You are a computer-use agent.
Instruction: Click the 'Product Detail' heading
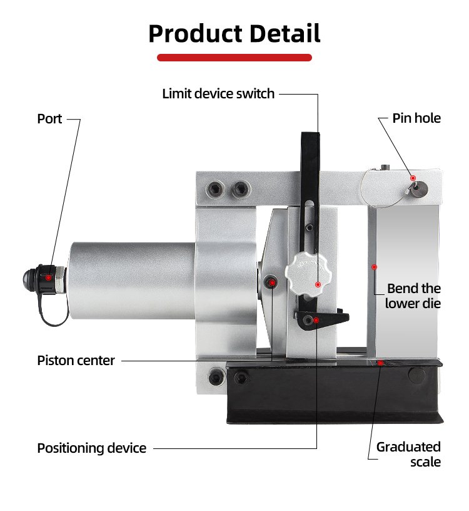click(x=234, y=33)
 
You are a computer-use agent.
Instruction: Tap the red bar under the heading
click(x=234, y=58)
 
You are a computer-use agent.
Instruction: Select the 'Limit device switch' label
click(x=218, y=94)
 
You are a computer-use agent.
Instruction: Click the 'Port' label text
click(x=49, y=118)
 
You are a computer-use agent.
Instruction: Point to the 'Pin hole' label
click(x=416, y=118)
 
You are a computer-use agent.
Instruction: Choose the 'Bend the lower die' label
click(x=413, y=296)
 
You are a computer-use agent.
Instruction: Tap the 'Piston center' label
click(x=76, y=360)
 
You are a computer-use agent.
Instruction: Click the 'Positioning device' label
click(x=91, y=448)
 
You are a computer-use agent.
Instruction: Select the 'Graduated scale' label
click(x=408, y=454)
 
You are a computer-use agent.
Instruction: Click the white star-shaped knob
click(x=306, y=275)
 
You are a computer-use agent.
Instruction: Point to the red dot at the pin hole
click(x=413, y=178)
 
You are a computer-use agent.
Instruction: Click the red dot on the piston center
click(x=273, y=284)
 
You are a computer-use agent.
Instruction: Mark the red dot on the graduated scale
click(x=380, y=363)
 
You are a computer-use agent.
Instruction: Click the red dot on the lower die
click(x=374, y=267)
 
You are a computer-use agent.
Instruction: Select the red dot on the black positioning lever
click(x=316, y=321)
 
